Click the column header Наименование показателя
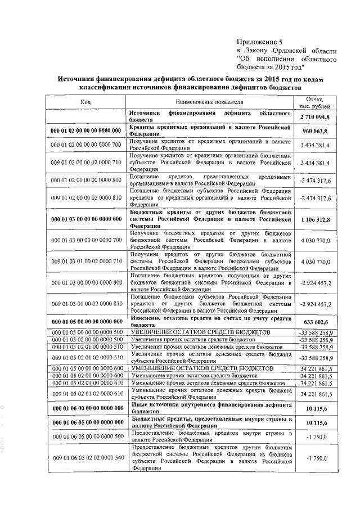point(210,102)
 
